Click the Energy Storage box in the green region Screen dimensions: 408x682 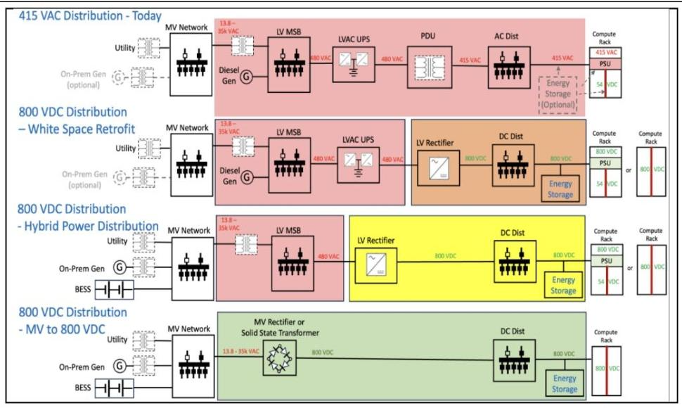pyautogui.click(x=564, y=383)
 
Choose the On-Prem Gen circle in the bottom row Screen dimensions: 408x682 pyautogui.click(x=120, y=366)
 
